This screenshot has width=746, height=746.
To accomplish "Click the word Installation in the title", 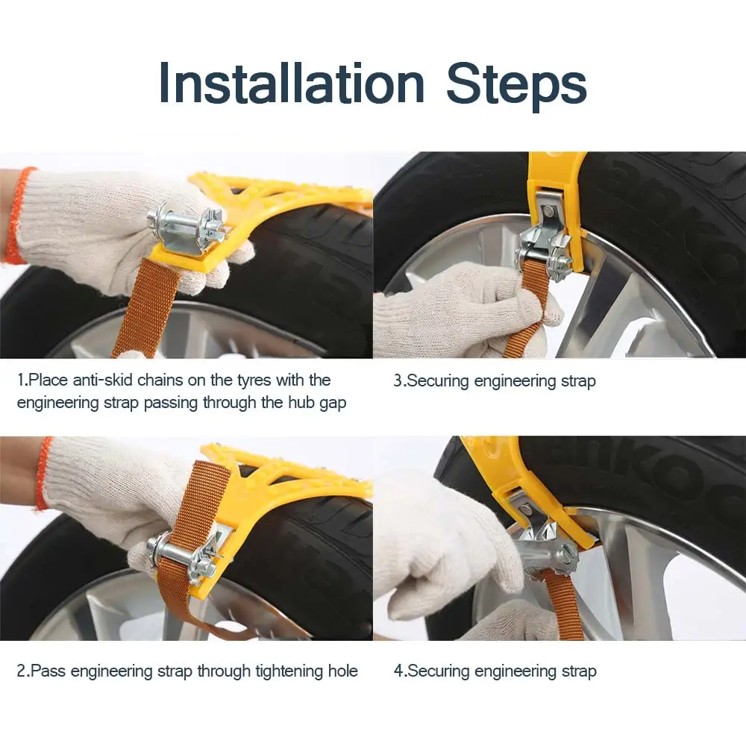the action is pyautogui.click(x=291, y=84).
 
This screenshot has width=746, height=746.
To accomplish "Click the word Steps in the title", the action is pyautogui.click(x=516, y=86).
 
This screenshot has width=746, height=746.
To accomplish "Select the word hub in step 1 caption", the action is pyautogui.click(x=301, y=403).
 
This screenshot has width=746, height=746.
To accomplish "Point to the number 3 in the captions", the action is pyautogui.click(x=398, y=381).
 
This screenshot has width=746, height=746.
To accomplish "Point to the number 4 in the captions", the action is pyautogui.click(x=398, y=671).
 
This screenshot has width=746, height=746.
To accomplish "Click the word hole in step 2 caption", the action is pyautogui.click(x=342, y=671).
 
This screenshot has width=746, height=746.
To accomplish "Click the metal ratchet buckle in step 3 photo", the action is pyautogui.click(x=545, y=242).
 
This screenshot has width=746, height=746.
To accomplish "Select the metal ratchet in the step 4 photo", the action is pyautogui.click(x=547, y=547).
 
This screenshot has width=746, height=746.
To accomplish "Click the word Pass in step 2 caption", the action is pyautogui.click(x=48, y=671).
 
